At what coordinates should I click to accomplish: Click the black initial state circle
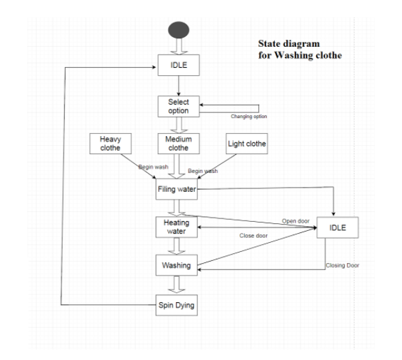[179, 30]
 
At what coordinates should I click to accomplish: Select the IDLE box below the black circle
[179, 65]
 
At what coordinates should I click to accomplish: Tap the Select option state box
[179, 106]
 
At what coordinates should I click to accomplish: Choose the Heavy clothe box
[110, 144]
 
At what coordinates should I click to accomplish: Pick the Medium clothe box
[179, 144]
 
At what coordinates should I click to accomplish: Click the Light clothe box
[247, 144]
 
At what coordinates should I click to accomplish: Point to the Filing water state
[177, 189]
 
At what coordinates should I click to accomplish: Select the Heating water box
[177, 227]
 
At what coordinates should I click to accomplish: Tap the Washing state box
[177, 265]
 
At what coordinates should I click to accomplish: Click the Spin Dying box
[177, 305]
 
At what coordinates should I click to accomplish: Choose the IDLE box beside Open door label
[338, 227]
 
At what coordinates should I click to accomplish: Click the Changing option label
[248, 117]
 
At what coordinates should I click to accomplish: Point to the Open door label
[296, 221]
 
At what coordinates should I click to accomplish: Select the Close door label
[253, 236]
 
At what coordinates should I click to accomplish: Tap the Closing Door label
[342, 265]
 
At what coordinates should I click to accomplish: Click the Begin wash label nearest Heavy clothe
[154, 167]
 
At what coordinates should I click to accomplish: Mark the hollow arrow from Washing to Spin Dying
[177, 284]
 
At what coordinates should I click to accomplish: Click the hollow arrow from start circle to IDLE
[179, 46]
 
